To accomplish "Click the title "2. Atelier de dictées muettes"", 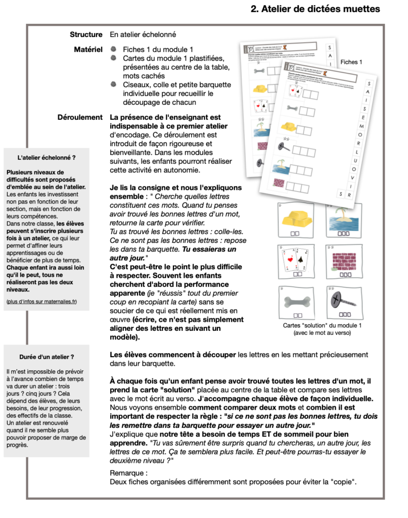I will [315, 9].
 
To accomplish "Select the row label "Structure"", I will [86, 35].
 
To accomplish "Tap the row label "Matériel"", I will [88, 50].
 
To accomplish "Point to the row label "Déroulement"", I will [80, 117].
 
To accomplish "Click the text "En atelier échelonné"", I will [143, 35].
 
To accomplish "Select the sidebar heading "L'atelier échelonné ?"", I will [47, 158].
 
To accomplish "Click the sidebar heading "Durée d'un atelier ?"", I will [47, 357].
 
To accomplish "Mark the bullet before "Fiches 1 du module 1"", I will [114, 50].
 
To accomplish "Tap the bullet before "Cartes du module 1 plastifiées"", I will [114, 58].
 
